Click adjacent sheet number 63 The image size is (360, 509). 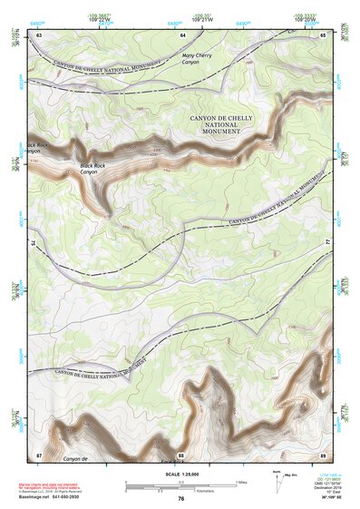click(39, 34)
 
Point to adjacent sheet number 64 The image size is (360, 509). click(182, 34)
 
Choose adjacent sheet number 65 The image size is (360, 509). click(324, 34)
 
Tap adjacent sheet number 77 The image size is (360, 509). click(328, 243)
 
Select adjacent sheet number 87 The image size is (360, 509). click(39, 454)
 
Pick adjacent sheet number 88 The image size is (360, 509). click(181, 454)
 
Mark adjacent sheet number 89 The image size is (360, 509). click(324, 454)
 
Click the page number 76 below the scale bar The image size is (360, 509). click(181, 498)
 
